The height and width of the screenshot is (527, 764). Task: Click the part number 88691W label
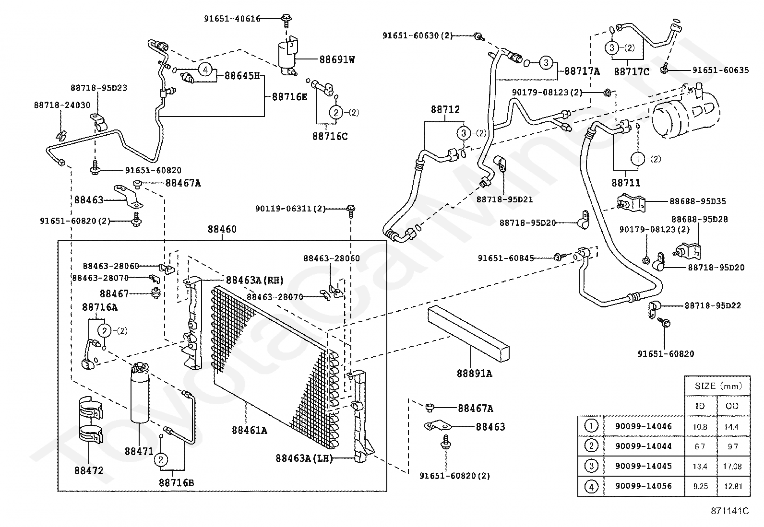[x=337, y=59]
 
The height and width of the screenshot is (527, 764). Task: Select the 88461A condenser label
[x=250, y=431]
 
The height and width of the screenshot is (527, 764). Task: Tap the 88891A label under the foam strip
[x=474, y=374]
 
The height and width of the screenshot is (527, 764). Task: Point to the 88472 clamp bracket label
[x=89, y=471]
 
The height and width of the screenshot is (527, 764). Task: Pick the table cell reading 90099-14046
[x=644, y=426]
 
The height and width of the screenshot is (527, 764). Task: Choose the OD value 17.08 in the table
[x=732, y=466]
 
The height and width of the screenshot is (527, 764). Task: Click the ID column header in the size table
[x=700, y=406]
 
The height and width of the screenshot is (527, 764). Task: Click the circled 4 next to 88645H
[x=205, y=70]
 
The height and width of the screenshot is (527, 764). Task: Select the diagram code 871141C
[x=729, y=511]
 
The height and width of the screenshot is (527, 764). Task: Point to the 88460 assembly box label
[x=222, y=229]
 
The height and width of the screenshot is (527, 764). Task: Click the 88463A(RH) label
[x=255, y=280]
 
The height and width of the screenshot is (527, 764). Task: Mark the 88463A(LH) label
[x=304, y=458]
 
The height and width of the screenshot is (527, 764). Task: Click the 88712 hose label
[x=445, y=109]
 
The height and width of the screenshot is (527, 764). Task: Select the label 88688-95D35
[x=697, y=201]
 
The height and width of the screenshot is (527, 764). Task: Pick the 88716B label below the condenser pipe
[x=176, y=483]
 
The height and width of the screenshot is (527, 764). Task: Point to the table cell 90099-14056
[x=644, y=486]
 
